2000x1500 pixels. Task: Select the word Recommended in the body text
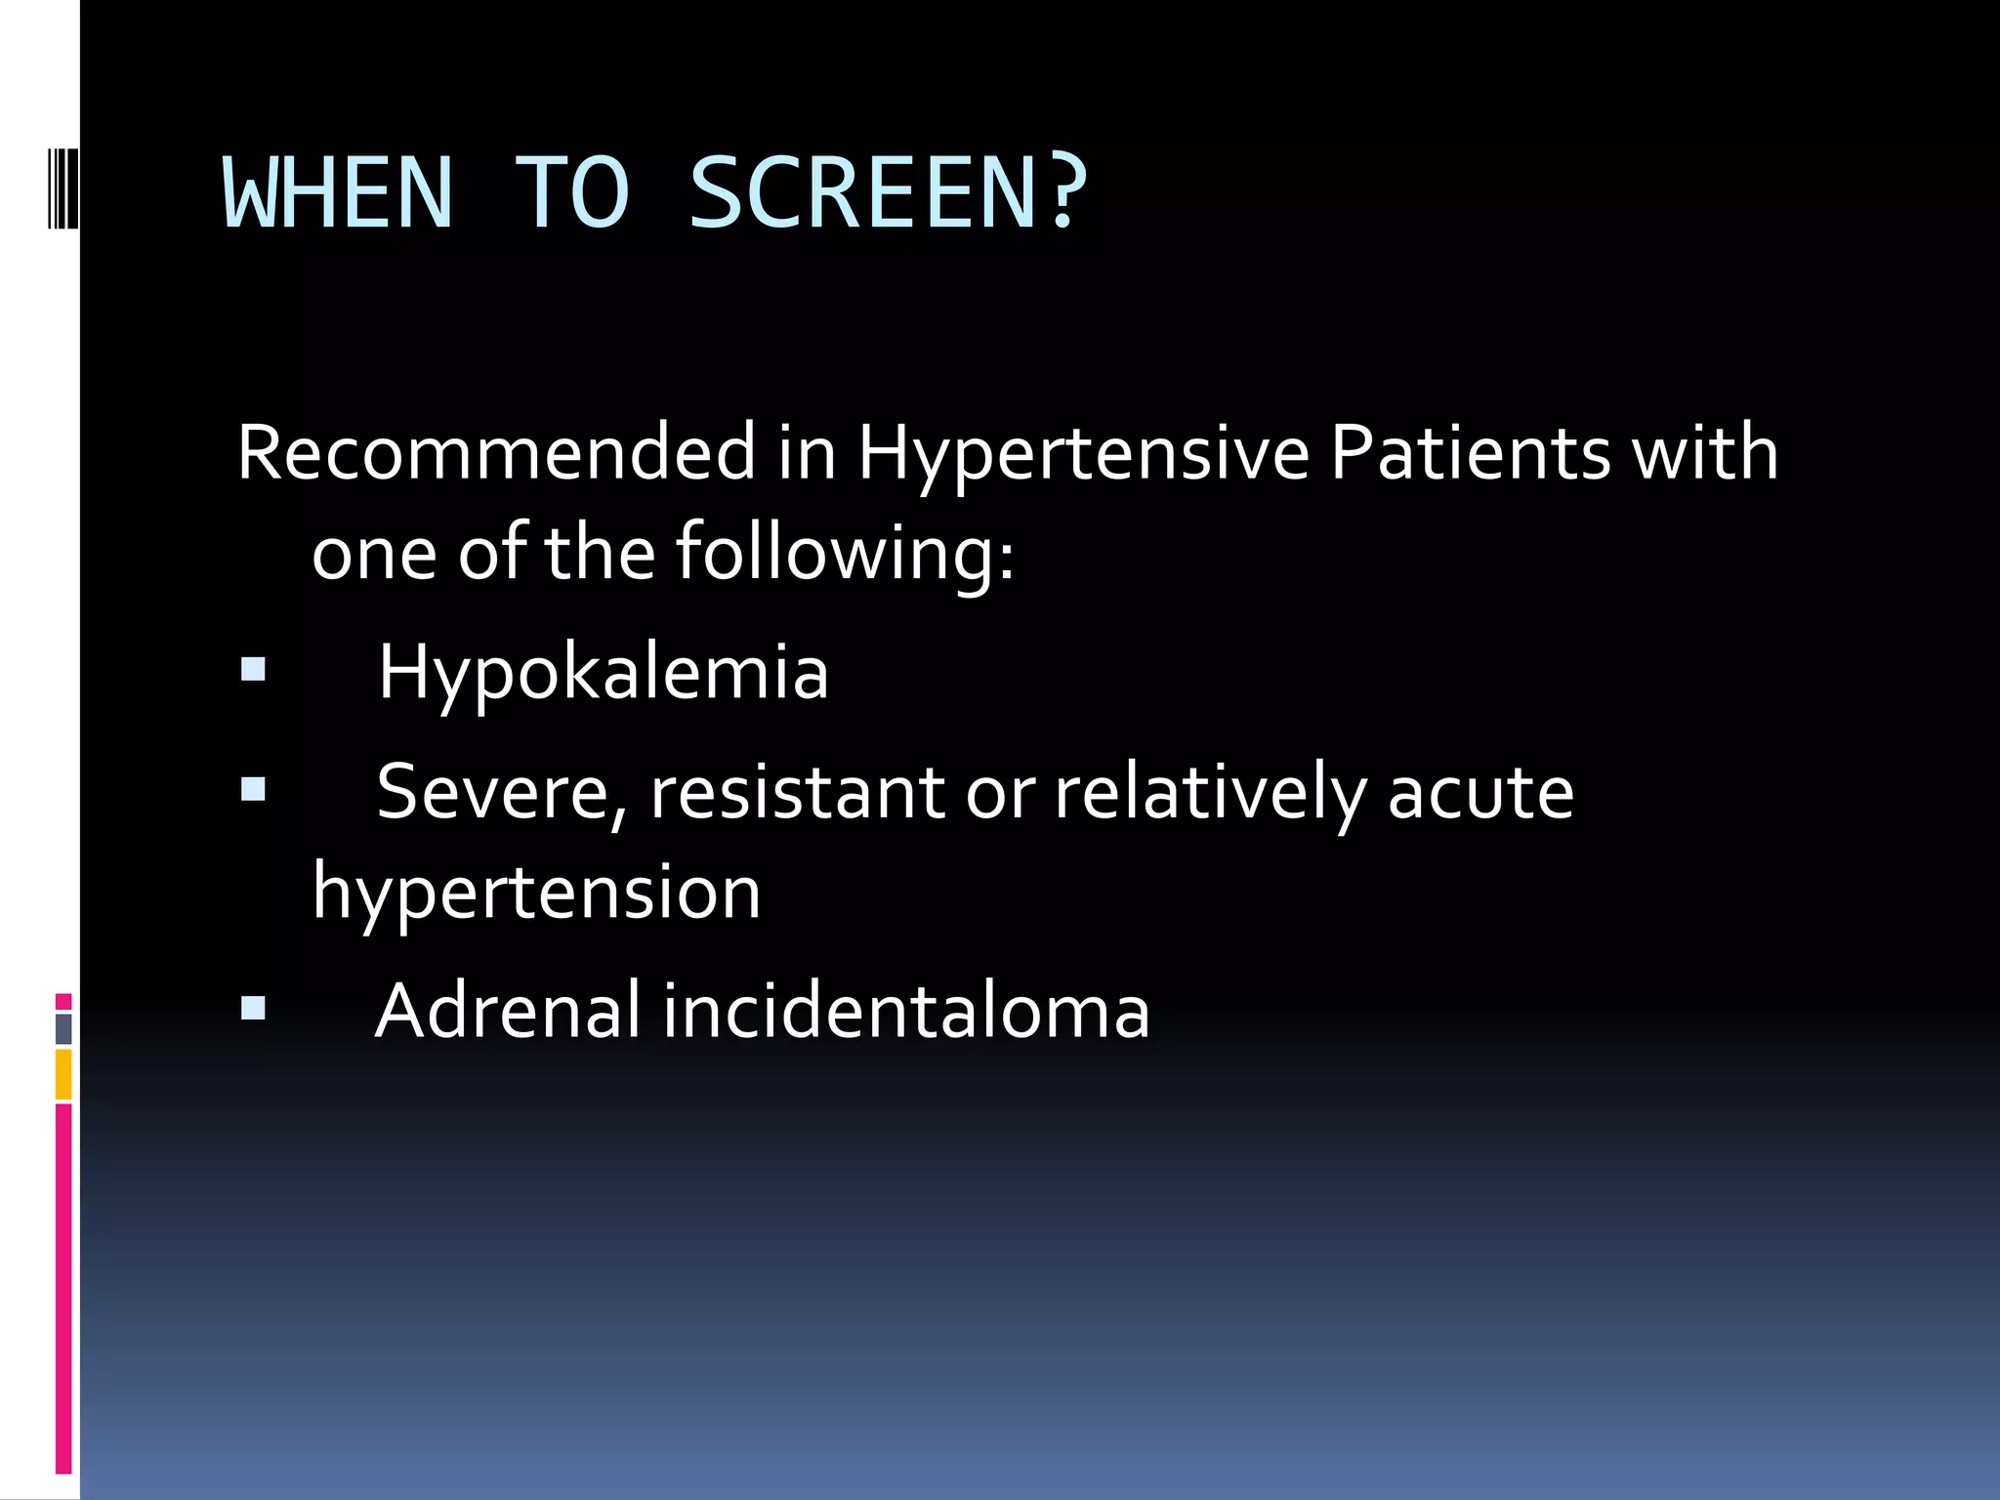tap(496, 453)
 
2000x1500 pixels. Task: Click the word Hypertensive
tap(1082, 455)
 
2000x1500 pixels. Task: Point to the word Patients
tap(1470, 453)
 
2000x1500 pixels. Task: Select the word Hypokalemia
tap(604, 674)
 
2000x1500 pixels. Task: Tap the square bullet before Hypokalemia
tap(253, 669)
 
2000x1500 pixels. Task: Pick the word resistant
tap(797, 793)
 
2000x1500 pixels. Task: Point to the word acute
tap(1480, 793)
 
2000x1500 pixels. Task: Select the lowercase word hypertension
tap(536, 893)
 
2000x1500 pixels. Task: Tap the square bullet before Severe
tap(253, 789)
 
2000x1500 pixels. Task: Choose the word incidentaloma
tap(906, 1011)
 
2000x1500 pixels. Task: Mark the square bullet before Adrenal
tap(253, 1008)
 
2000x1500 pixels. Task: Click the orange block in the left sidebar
tap(63, 1074)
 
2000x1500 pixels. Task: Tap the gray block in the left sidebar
tap(63, 1029)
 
